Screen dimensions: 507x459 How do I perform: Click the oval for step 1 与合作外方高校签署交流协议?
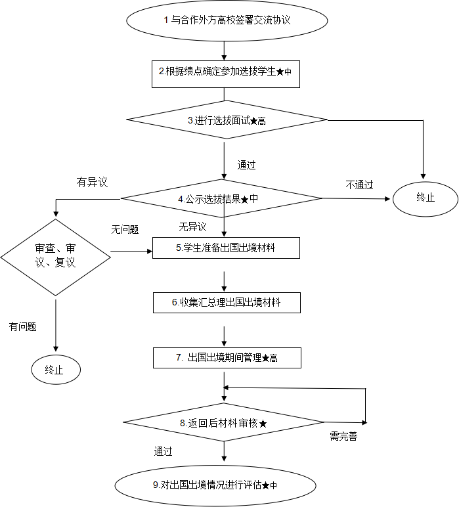click(x=227, y=20)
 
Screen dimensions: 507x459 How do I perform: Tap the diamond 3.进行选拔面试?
click(x=227, y=120)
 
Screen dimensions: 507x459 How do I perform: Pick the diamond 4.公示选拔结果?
click(x=221, y=198)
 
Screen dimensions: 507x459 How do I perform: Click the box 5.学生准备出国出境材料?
click(x=226, y=248)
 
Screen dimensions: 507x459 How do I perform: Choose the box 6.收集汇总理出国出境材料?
click(x=227, y=302)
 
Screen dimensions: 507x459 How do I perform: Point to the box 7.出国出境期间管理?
click(x=227, y=358)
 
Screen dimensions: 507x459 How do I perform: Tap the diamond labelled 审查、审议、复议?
click(x=55, y=257)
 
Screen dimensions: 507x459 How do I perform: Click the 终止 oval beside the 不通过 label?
click(x=426, y=198)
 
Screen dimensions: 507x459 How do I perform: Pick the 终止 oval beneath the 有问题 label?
click(x=56, y=370)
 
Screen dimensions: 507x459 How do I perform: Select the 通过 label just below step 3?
click(x=251, y=165)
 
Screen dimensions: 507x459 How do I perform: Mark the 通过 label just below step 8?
click(x=169, y=451)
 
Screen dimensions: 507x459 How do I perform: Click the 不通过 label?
click(x=360, y=185)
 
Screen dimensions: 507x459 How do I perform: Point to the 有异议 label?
click(x=93, y=182)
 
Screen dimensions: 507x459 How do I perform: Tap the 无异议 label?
click(x=194, y=227)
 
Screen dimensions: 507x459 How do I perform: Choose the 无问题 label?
click(x=125, y=229)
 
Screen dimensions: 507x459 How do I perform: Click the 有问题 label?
click(x=24, y=326)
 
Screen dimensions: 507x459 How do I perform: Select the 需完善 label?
click(x=344, y=437)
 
